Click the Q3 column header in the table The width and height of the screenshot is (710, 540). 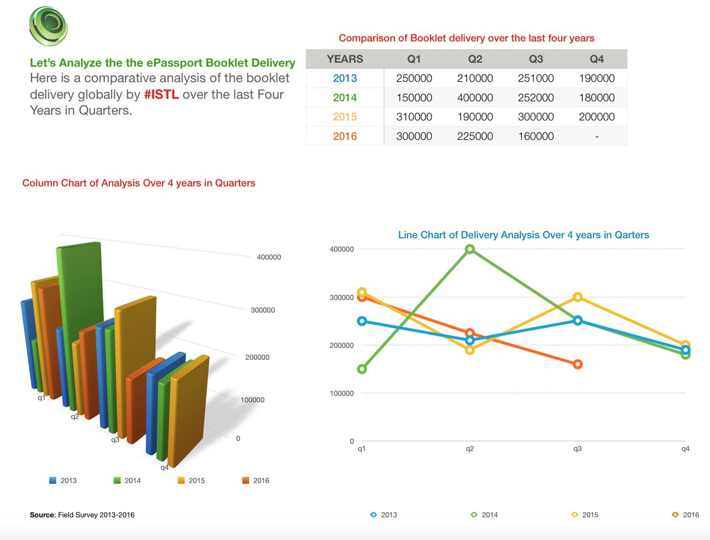[535, 59]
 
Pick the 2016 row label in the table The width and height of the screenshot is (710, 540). [345, 136]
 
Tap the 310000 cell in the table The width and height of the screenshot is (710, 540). [414, 117]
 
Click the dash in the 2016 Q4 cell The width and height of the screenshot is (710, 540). [597, 136]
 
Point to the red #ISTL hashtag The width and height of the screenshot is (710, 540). [162, 95]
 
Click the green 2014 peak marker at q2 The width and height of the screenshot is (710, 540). [470, 249]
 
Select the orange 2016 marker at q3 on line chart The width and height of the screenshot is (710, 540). [577, 364]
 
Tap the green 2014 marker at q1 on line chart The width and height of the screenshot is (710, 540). [362, 369]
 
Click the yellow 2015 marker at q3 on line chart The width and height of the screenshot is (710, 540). [577, 297]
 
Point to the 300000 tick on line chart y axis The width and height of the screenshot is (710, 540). [342, 297]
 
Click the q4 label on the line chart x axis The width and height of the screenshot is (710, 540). [685, 449]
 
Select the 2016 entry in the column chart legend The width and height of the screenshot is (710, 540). [256, 480]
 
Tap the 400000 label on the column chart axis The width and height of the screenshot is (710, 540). [268, 257]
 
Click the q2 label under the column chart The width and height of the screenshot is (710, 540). [75, 417]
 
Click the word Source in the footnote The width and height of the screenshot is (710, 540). [43, 515]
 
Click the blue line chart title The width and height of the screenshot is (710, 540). [523, 235]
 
